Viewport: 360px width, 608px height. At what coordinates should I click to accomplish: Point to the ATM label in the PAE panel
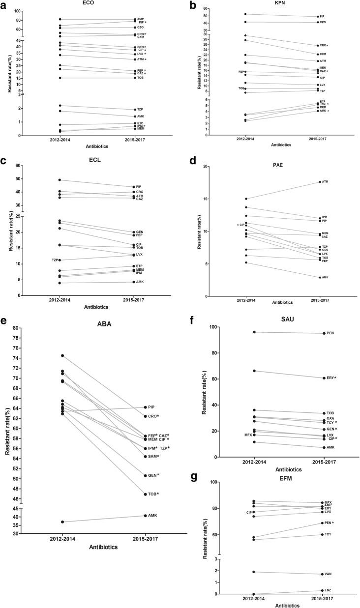tap(325, 182)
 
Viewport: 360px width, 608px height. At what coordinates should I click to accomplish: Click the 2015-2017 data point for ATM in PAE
tap(320, 182)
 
